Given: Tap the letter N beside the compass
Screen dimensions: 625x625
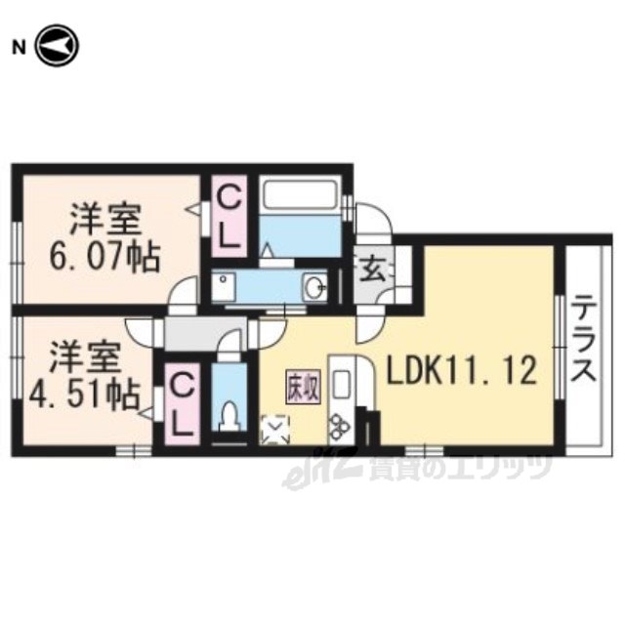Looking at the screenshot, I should pyautogui.click(x=18, y=46).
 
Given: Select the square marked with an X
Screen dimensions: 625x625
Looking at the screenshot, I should pyautogui.click(x=275, y=427).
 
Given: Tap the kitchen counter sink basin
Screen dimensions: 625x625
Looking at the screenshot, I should pyautogui.click(x=343, y=382).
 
